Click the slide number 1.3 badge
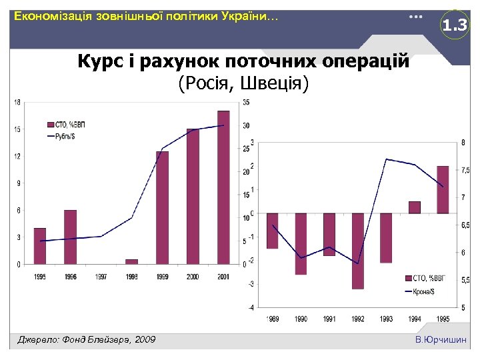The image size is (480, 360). point(455,26)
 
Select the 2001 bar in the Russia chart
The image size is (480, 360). point(223,187)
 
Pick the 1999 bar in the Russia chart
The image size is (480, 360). point(162,207)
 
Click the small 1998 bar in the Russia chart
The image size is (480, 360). point(131,261)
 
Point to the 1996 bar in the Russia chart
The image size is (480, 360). point(71,237)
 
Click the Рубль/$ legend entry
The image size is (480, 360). point(64,136)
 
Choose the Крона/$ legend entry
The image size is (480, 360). point(422,291)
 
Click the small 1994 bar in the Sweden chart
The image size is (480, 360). point(415,207)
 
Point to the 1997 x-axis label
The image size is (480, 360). point(101,277)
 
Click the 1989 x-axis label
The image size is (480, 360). point(273,319)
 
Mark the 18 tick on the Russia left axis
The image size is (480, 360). point(17,102)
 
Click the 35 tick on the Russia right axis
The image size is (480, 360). point(247,102)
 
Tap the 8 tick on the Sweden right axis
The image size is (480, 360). point(463,142)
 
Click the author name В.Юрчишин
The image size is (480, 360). point(441,340)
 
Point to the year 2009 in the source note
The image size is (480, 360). point(144,340)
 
